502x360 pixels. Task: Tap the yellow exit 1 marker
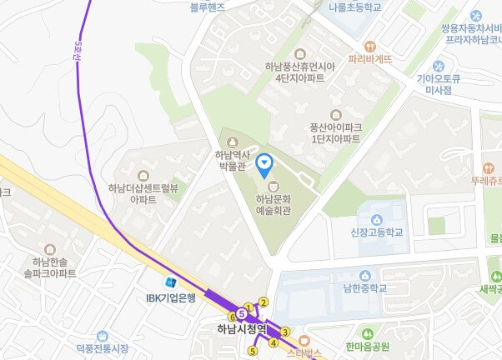click(x=248, y=308)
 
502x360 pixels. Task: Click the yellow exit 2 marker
click(x=264, y=302)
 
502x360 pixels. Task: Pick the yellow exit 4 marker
click(x=273, y=342)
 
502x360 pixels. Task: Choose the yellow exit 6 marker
click(x=233, y=317)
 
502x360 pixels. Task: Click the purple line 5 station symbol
click(x=241, y=314)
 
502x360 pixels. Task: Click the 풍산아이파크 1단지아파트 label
click(x=335, y=132)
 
